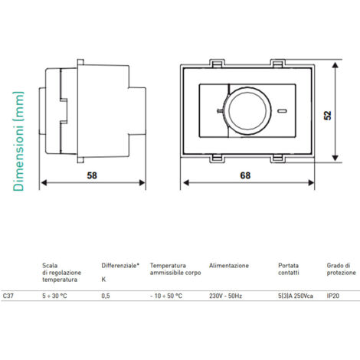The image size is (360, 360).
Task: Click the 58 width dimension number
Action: (92, 175)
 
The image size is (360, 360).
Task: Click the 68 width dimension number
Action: (245, 175)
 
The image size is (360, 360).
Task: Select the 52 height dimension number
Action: (328, 115)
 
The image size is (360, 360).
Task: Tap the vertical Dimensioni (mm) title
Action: (18, 141)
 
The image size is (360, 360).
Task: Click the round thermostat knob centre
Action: (247, 110)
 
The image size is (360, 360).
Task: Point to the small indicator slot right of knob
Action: (283, 111)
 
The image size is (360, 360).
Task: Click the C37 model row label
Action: (8, 296)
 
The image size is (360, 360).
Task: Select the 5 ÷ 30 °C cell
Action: (54, 296)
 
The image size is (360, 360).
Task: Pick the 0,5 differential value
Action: (106, 296)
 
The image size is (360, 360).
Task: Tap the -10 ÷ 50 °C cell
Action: (166, 296)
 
